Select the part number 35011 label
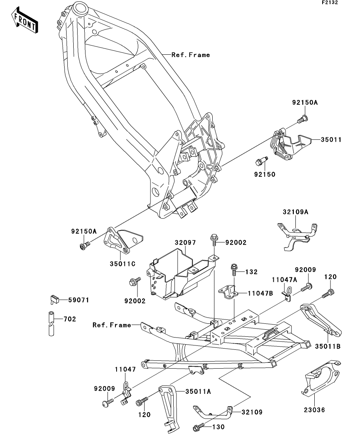[330, 140]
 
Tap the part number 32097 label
[185, 243]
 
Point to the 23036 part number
[314, 410]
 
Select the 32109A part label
[295, 212]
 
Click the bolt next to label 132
[234, 270]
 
